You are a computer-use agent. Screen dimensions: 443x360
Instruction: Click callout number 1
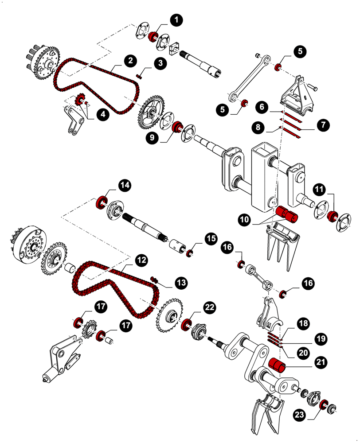(176, 20)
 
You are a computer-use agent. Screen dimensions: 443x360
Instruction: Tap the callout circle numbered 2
(130, 61)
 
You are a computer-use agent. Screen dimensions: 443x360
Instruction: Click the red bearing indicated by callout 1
(154, 36)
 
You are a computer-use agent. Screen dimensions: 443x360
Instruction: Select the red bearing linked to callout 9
(177, 127)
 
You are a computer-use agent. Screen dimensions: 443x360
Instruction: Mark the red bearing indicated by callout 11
(331, 217)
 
